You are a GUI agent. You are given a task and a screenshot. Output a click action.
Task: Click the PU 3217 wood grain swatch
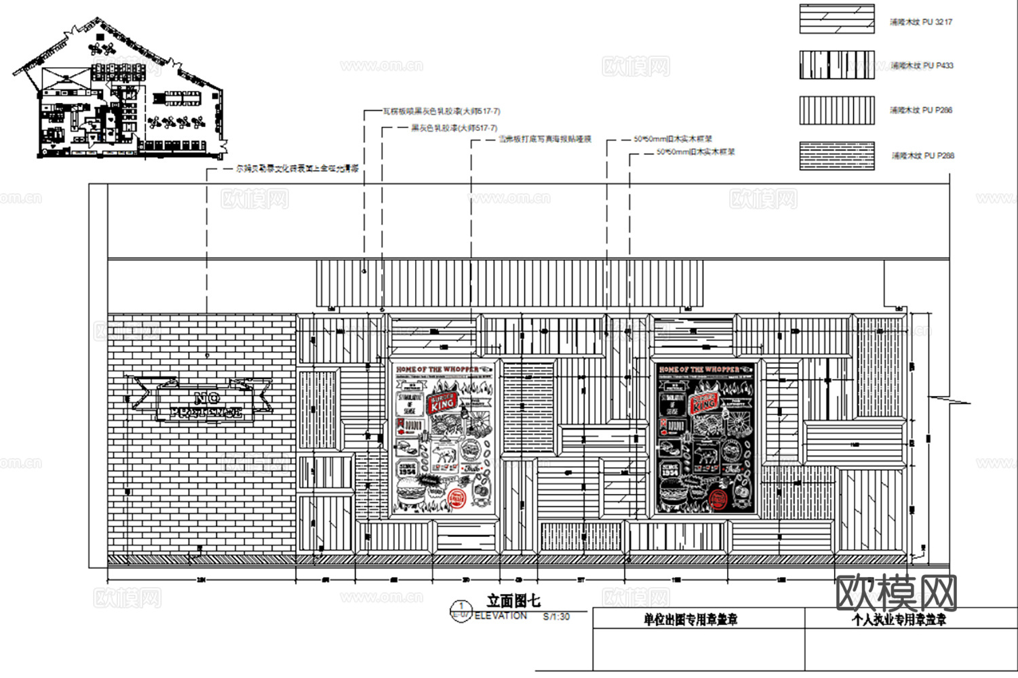836,19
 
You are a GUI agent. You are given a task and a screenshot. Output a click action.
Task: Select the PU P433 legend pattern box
836,65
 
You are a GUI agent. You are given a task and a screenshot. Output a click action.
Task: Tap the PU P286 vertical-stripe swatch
836,110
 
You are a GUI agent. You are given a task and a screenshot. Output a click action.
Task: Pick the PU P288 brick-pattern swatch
836,155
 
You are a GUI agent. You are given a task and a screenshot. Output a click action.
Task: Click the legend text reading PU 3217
921,22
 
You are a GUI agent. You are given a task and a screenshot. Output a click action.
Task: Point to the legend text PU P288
922,156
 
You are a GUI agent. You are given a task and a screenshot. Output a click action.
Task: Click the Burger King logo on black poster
703,401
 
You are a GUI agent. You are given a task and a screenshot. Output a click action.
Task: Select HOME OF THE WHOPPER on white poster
437,370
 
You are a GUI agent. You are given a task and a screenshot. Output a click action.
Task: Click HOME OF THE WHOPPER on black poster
699,370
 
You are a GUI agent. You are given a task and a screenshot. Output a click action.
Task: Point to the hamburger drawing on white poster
410,490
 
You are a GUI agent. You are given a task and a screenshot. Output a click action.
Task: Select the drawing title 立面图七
513,601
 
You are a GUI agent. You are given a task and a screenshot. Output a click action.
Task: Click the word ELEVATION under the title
501,616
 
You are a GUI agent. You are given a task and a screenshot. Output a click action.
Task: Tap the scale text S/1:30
556,617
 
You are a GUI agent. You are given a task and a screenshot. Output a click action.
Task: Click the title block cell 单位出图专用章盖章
690,620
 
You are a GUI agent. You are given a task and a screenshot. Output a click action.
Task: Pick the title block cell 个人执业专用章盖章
899,620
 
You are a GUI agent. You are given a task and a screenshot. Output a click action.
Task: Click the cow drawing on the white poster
444,454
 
